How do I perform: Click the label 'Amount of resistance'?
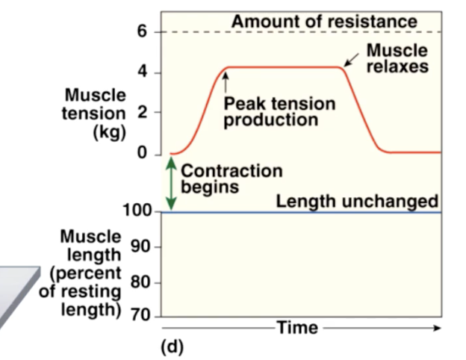(x=324, y=21)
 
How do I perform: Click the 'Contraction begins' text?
(x=232, y=179)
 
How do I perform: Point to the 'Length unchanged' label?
(x=357, y=201)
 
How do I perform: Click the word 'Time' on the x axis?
(x=297, y=327)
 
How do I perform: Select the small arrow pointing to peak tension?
(x=224, y=80)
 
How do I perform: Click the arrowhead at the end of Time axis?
(x=438, y=327)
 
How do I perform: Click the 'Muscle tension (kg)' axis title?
(x=96, y=114)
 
